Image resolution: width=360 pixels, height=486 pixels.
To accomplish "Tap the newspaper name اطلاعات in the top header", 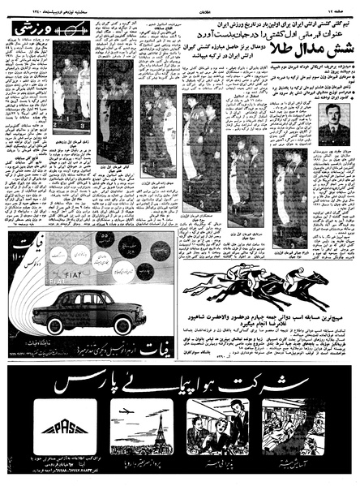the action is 177,6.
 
